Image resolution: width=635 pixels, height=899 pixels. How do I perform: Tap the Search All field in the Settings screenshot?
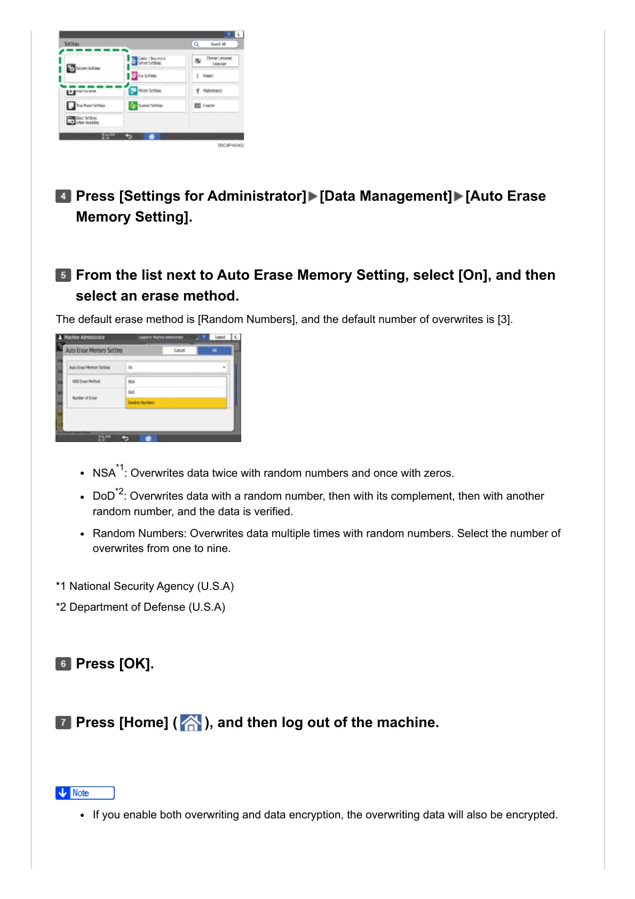point(216,44)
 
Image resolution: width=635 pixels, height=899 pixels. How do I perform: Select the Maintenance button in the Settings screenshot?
point(215,91)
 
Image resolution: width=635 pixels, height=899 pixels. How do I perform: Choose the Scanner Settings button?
point(156,106)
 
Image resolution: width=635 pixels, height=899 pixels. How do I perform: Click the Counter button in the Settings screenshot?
point(215,106)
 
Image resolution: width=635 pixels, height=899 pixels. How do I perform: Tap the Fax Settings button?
point(156,76)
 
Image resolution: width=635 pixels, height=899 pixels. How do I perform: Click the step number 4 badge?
point(63,196)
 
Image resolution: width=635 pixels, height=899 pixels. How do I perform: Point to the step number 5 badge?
point(63,275)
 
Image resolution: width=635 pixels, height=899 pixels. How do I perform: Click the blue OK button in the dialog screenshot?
point(215,351)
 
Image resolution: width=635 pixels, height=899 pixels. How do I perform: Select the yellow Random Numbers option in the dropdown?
point(176,403)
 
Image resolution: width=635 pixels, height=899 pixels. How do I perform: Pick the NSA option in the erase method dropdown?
point(176,382)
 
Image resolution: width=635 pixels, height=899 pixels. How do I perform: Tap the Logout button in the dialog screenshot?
point(220,337)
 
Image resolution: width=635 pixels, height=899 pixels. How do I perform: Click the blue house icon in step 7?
point(190,723)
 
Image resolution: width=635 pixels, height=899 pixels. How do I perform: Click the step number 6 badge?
point(63,664)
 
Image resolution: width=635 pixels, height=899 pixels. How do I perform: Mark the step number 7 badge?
point(63,722)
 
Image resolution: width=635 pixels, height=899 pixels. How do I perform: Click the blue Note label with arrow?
point(85,793)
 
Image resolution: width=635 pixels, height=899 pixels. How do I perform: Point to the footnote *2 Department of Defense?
point(140,607)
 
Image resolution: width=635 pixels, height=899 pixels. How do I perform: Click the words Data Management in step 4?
point(385,196)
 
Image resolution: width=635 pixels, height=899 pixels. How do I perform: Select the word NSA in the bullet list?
point(104,474)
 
